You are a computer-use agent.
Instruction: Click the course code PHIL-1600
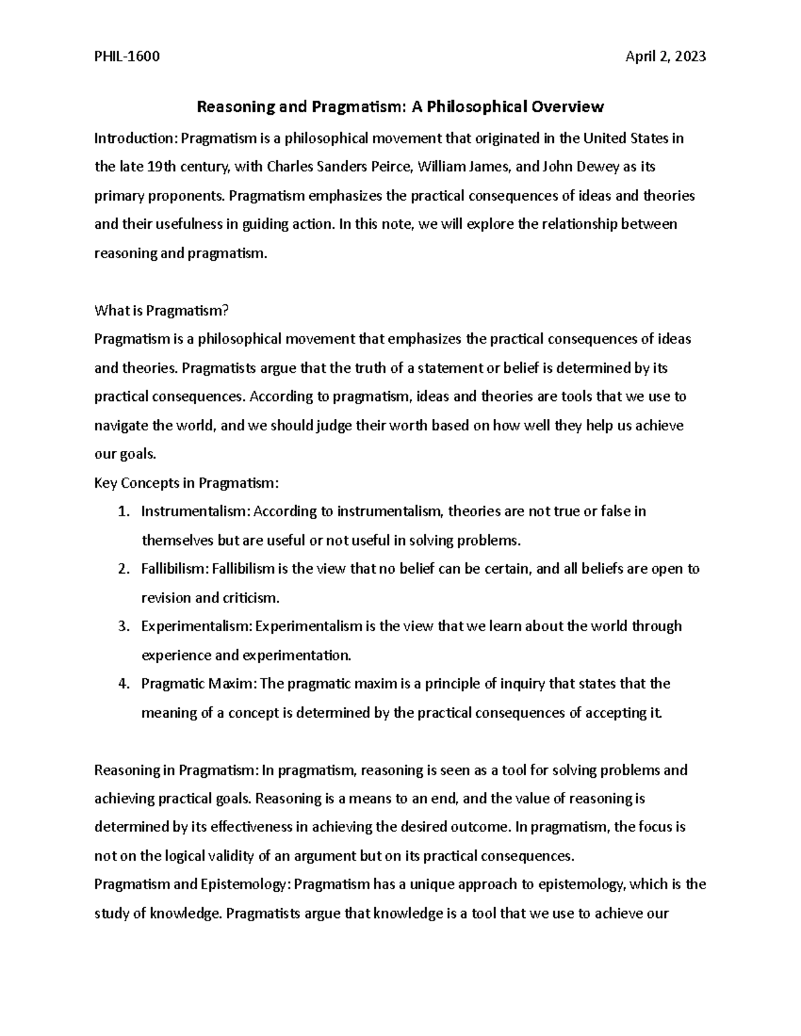click(127, 57)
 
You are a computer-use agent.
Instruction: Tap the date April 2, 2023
click(665, 57)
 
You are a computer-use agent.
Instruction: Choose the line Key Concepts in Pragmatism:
click(186, 482)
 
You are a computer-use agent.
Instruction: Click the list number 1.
click(122, 512)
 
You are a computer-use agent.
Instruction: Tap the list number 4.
click(122, 684)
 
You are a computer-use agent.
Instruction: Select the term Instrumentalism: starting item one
click(195, 512)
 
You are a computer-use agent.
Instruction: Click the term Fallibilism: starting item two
click(175, 569)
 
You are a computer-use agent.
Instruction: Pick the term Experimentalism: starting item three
click(196, 626)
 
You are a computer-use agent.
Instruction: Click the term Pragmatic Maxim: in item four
click(199, 684)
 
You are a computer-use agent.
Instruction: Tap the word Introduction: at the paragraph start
click(136, 139)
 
